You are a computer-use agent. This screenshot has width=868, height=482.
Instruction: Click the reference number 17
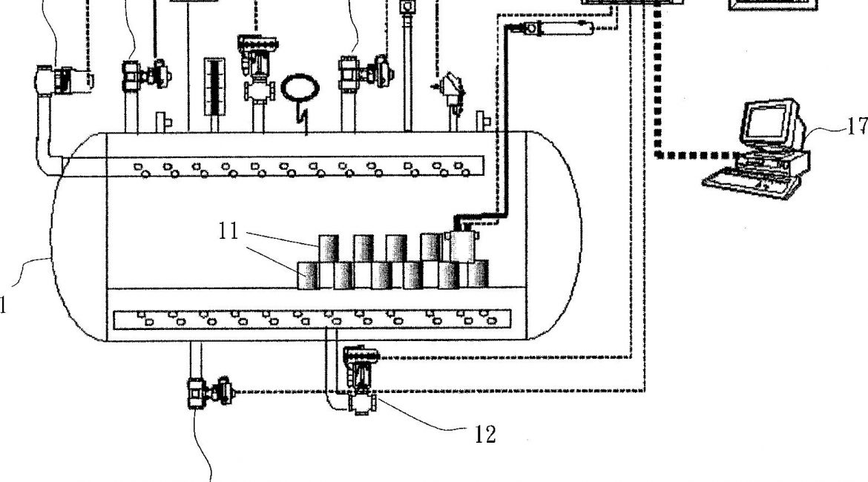pos(856,127)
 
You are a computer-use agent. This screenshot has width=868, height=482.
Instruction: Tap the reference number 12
pos(484,434)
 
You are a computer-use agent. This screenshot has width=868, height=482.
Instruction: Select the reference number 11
pos(229,231)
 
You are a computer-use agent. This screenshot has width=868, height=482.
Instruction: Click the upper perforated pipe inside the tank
pos(296,166)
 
